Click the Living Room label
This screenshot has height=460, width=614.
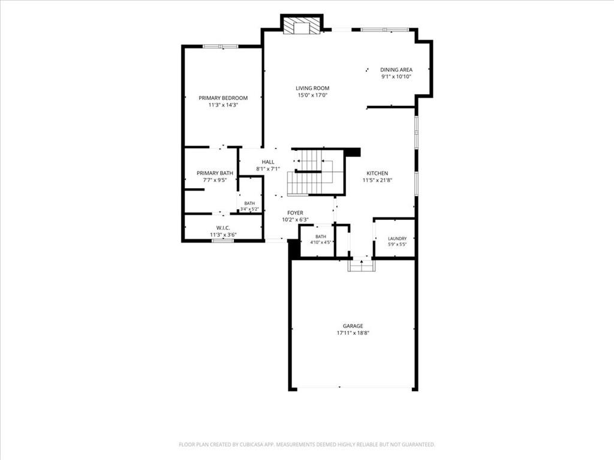[312, 89]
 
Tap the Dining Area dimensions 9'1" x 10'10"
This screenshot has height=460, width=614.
[396, 77]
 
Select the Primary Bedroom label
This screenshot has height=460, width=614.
[223, 98]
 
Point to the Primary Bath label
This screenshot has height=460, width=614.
[215, 173]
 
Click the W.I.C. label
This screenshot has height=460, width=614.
[223, 228]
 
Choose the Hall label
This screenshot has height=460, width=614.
[268, 162]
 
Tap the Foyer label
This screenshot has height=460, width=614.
[295, 213]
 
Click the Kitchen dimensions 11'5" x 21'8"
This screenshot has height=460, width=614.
[378, 180]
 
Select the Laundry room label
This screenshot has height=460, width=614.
[398, 238]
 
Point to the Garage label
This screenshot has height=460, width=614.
[353, 326]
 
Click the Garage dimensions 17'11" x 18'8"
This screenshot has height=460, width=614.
[353, 333]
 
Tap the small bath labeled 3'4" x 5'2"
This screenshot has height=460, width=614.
[249, 206]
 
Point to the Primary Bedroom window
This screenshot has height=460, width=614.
[221, 47]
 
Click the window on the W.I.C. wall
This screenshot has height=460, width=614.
[223, 241]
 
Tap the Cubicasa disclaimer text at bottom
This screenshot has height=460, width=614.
[307, 444]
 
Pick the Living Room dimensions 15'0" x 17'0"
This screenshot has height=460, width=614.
[312, 95]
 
